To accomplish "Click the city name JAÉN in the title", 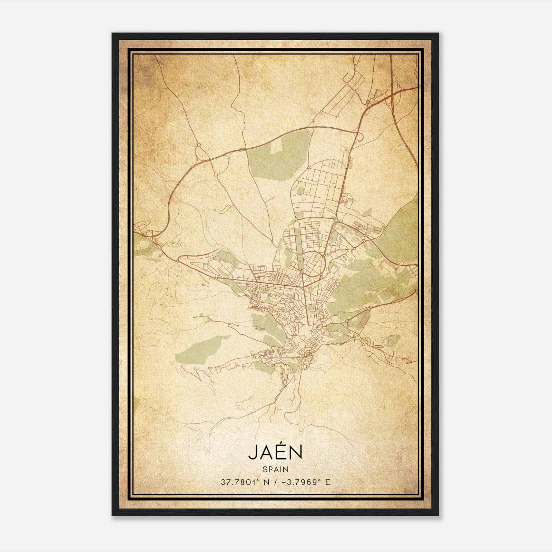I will pos(275,453).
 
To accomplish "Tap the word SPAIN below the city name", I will pos(275,469).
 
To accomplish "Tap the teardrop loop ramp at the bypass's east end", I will pos(359,137).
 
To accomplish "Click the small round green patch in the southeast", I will pos(393,341).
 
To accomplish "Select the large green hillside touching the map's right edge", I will pos(400,228).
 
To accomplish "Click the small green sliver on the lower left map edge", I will pos(136,402).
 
